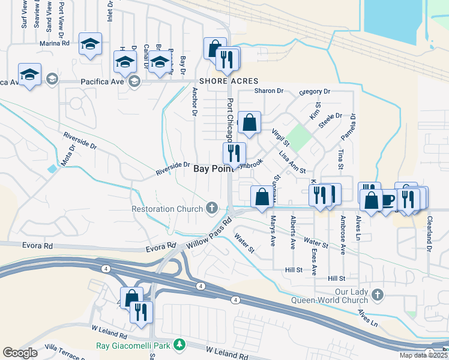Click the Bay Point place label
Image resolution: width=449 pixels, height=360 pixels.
[214, 169]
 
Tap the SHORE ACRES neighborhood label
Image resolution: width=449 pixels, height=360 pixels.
[229, 81]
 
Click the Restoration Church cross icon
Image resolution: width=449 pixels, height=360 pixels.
[211, 208]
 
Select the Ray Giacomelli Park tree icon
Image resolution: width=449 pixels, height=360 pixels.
[178, 344]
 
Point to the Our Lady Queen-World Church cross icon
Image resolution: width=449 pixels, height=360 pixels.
[377, 295]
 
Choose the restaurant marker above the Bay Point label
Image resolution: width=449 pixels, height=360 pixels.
[234, 154]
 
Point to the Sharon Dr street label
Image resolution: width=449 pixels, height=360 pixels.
[268, 91]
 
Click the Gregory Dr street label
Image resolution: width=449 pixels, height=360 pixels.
[315, 92]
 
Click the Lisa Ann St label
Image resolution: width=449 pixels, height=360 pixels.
[293, 163]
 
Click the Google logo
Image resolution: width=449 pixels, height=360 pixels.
[20, 353]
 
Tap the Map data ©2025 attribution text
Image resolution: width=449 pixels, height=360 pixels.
[423, 355]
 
